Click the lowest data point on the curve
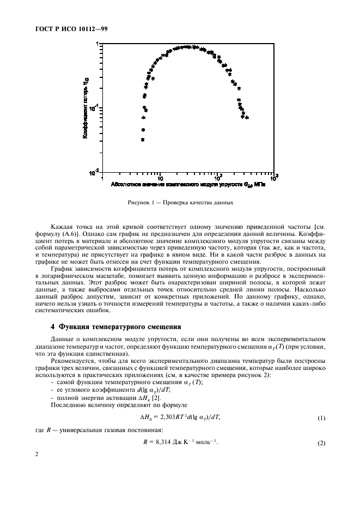click(x=143, y=140)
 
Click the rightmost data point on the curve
click(x=247, y=117)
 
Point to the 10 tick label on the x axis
click(x=160, y=178)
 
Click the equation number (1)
click(x=321, y=417)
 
